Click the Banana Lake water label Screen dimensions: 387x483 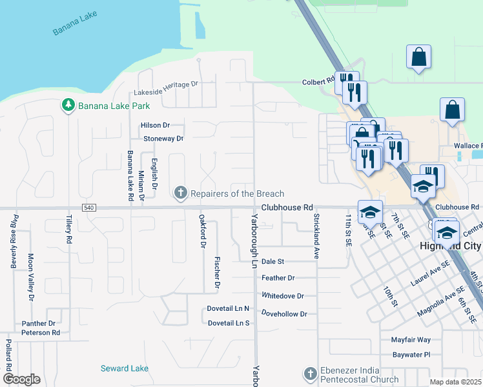74,25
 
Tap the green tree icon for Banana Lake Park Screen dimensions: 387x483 67,105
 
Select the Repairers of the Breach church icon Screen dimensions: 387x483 181,193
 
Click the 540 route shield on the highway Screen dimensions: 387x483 88,207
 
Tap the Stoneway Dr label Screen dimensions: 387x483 163,138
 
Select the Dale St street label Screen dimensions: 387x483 273,262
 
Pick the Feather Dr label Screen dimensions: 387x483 278,278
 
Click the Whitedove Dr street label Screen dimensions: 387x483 282,295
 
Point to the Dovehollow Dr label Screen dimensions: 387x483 284,313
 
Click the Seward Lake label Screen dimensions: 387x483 124,368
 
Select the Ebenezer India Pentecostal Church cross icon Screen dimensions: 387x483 310,373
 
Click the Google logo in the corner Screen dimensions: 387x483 21,379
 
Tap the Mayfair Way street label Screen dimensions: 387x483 411,339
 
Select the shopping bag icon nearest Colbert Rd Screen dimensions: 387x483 418,56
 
